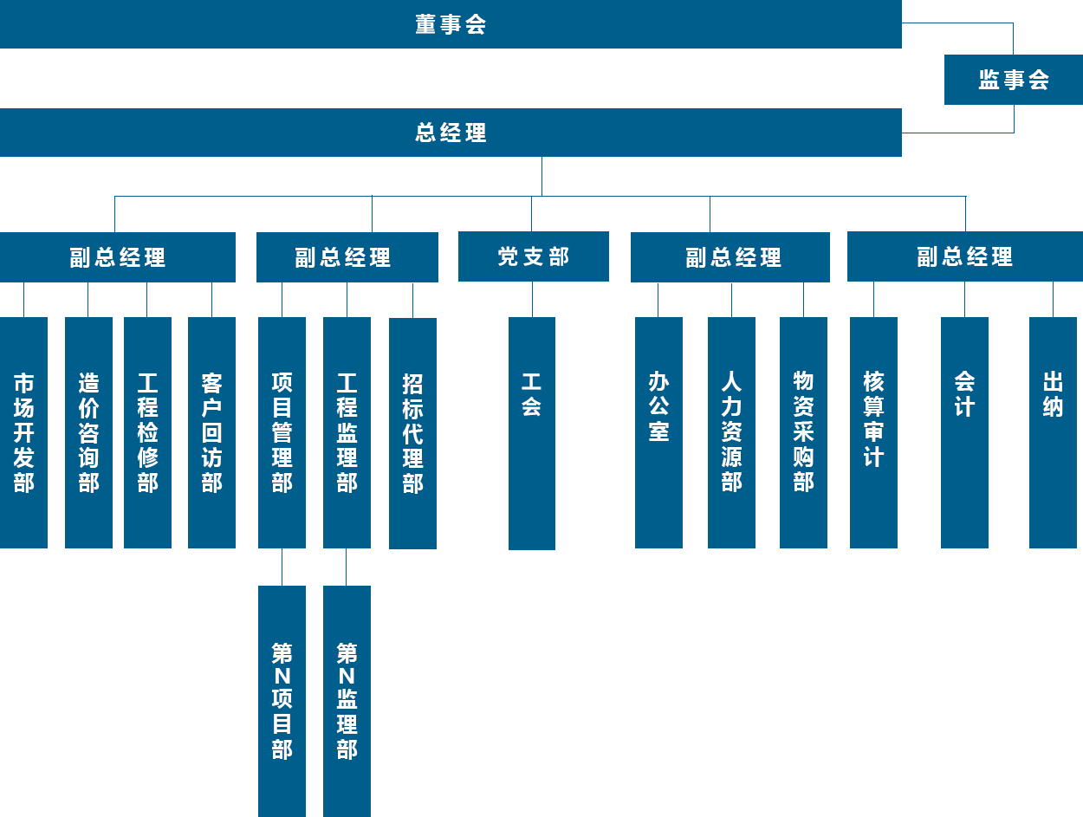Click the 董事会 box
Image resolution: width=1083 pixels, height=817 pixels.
tap(451, 24)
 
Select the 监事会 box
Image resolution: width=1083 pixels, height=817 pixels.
tap(1013, 80)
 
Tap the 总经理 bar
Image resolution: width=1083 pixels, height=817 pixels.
tap(451, 133)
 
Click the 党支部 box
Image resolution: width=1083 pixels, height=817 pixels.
tap(533, 256)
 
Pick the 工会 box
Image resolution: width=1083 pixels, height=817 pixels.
tap(532, 433)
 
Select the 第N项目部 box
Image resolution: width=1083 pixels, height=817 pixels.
tap(282, 700)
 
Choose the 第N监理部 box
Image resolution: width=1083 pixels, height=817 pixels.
tap(347, 700)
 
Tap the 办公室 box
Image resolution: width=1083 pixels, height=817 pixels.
tap(658, 416)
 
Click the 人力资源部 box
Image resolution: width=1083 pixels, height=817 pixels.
tap(731, 416)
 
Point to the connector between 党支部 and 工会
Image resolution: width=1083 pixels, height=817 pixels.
tap(532, 299)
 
